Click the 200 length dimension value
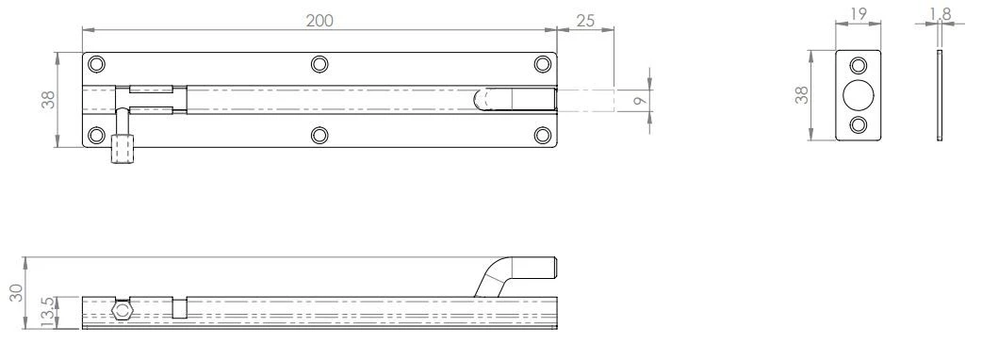click(319, 20)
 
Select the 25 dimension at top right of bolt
click(585, 20)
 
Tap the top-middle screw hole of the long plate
click(319, 64)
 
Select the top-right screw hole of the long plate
click(542, 64)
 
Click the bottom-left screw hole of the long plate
click(96, 133)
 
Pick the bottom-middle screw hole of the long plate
click(319, 133)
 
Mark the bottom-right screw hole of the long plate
click(542, 133)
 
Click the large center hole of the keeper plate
click(859, 95)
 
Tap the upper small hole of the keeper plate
click(859, 65)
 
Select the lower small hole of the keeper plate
click(859, 125)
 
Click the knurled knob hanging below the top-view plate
click(122, 150)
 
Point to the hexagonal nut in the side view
click(121, 311)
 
